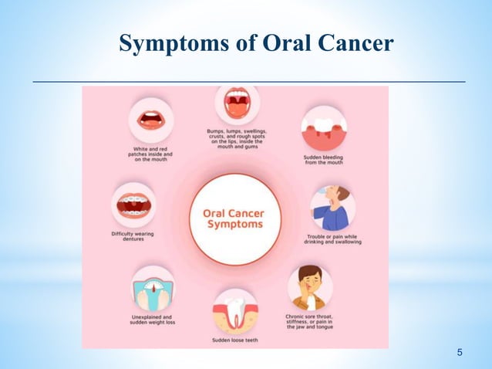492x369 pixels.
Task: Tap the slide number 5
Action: click(460, 354)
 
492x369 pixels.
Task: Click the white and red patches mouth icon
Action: click(151, 120)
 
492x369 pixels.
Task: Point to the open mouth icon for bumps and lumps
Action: click(236, 103)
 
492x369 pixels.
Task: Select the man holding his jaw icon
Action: click(311, 287)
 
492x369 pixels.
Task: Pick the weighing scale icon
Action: click(152, 289)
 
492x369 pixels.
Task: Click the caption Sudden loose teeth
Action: click(237, 340)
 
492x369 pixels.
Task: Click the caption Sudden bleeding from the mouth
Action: click(324, 160)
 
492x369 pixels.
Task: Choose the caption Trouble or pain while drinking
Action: click(333, 240)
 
